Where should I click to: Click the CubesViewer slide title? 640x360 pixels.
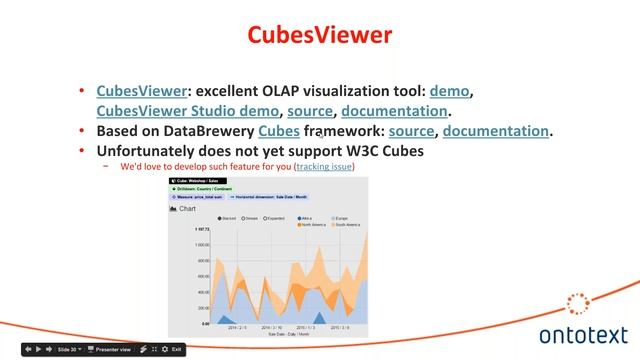tap(320, 36)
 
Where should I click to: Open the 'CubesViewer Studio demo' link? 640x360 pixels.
tap(189, 111)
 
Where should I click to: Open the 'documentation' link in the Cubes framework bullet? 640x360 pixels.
tap(496, 131)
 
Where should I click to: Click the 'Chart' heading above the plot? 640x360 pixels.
tap(187, 208)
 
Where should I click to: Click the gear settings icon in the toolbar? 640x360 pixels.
tap(144, 350)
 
